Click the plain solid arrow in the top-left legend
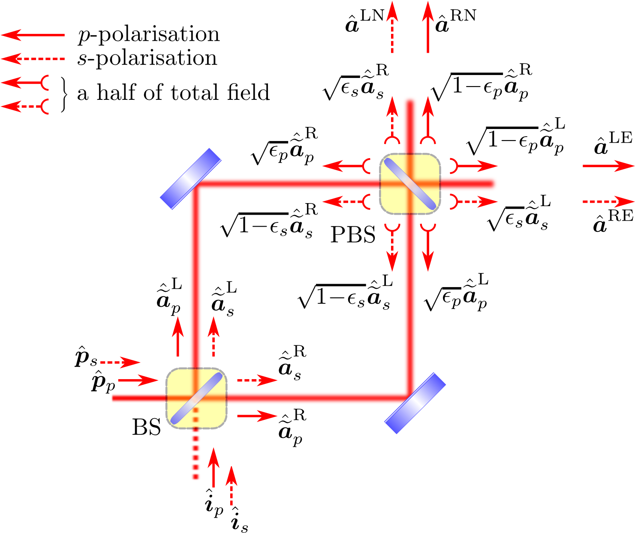33,35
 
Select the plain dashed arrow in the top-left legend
33,59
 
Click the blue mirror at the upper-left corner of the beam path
190,179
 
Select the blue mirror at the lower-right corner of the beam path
415,403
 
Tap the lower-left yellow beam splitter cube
196,398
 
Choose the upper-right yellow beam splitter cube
410,184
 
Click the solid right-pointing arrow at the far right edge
608,166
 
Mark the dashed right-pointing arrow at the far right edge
608,201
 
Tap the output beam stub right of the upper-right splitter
469,184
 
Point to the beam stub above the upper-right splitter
410,124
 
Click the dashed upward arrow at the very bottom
232,486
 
